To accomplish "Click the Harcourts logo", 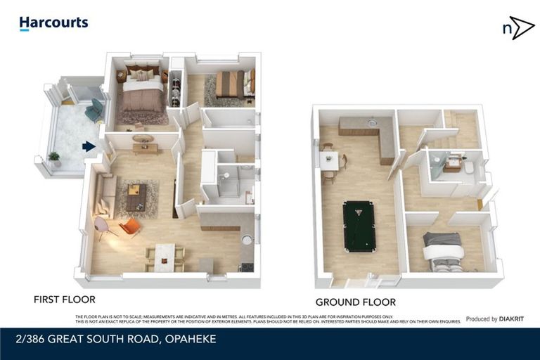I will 53,23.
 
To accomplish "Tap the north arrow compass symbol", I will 517,28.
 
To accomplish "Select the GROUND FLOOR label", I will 355,302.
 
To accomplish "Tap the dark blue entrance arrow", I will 88,146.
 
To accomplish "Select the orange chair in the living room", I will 129,226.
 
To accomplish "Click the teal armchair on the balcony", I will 93,110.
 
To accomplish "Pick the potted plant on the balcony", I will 53,158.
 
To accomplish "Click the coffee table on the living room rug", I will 136,196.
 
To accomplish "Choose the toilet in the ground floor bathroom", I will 469,167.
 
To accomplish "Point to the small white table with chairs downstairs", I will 329,160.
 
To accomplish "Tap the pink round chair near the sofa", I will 102,226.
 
